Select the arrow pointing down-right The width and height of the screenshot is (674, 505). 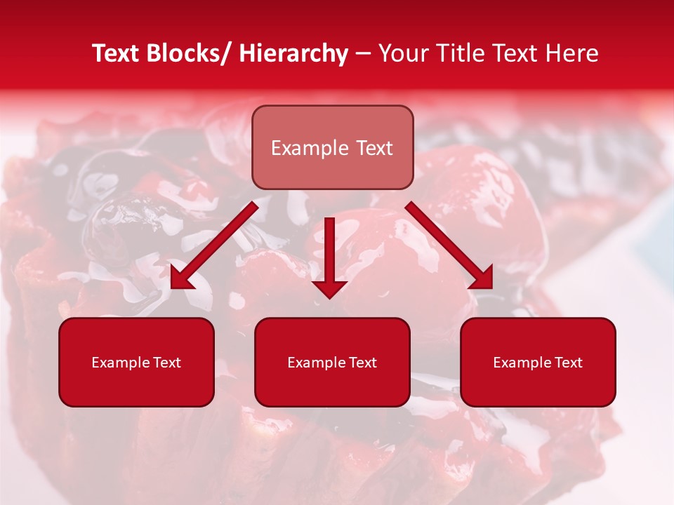449,245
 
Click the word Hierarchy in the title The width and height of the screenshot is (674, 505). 293,53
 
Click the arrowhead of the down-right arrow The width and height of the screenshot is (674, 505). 482,278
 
